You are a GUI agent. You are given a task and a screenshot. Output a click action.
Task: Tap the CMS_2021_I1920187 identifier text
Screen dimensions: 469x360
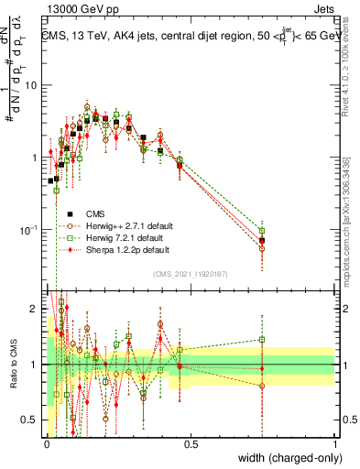point(191,274)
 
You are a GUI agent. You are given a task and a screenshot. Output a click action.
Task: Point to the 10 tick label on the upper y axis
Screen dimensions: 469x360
point(30,85)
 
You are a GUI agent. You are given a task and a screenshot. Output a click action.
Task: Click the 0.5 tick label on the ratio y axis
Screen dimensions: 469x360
point(30,420)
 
